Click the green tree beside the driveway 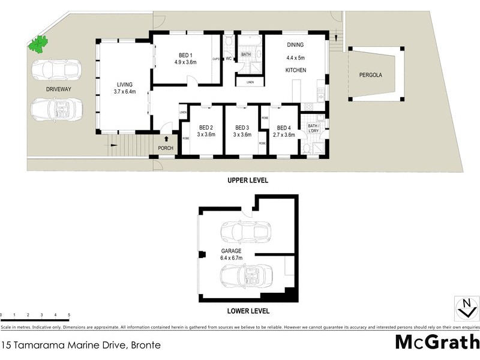(39, 44)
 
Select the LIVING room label (125, 85)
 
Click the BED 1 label (186, 55)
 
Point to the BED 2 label (206, 127)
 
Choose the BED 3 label (242, 127)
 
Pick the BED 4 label (285, 127)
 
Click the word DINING (295, 45)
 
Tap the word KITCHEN (295, 70)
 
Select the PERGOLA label (370, 76)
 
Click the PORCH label (166, 148)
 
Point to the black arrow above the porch (166, 139)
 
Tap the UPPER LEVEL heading (247, 180)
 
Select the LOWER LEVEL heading (248, 311)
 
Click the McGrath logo (436, 342)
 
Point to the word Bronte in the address (145, 346)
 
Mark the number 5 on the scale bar (69, 315)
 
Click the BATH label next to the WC (246, 55)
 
